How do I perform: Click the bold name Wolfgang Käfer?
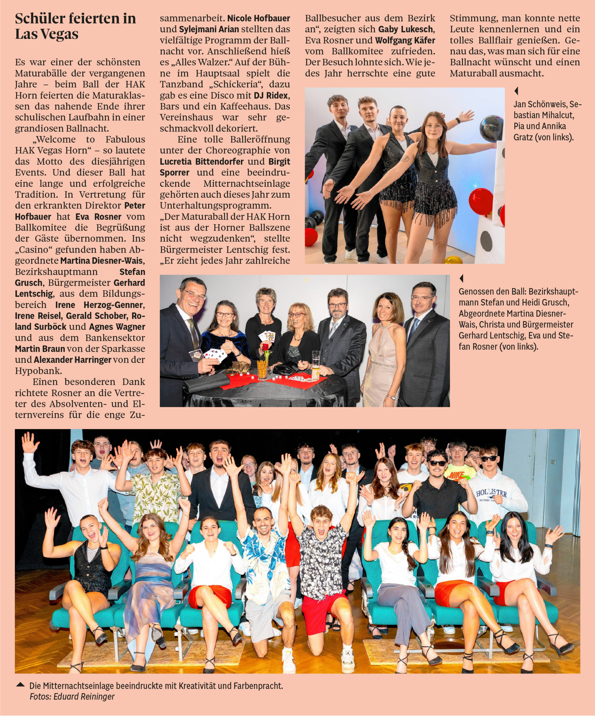(x=405, y=40)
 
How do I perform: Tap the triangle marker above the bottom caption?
(x=20, y=685)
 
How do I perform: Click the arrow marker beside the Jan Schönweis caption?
(x=517, y=91)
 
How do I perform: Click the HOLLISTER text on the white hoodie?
(x=491, y=493)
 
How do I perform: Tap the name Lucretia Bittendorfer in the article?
(x=202, y=161)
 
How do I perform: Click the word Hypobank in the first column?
(x=38, y=371)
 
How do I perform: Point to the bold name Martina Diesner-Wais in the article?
(x=101, y=261)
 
